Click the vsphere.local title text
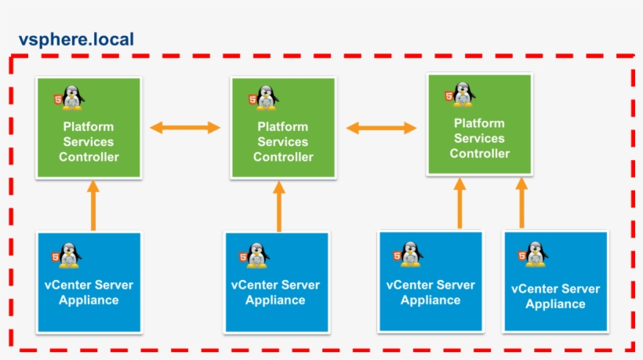[76, 39]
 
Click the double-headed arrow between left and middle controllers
[185, 128]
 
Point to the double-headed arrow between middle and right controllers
[380, 128]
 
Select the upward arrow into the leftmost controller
[93, 205]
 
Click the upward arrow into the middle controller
[278, 205]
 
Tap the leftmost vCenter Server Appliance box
[89, 282]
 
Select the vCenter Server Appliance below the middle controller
[275, 282]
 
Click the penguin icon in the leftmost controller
[74, 97]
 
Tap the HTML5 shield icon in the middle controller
[252, 100]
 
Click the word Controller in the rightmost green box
[479, 154]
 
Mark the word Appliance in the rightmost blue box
[555, 304]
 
